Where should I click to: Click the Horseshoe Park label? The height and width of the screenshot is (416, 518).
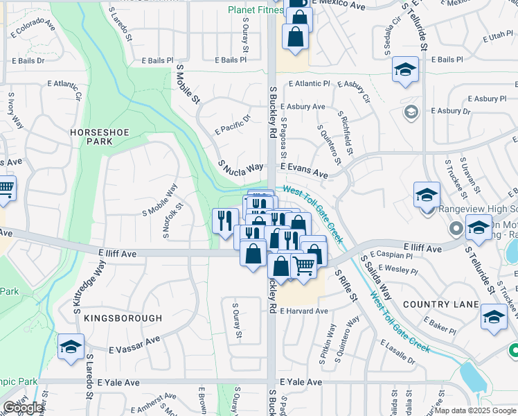pos(91,136)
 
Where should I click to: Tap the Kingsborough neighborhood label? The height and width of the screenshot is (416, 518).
pos(123,318)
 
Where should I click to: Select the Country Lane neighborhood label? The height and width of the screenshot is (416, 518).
pos(440,305)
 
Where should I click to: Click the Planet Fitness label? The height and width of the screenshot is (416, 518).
pos(254,10)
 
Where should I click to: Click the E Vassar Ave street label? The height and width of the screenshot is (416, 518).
pos(134,345)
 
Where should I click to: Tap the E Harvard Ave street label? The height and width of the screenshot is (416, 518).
pos(303,311)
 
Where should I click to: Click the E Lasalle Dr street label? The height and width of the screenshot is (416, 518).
pos(398,352)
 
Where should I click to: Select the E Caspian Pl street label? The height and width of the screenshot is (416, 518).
pos(393,255)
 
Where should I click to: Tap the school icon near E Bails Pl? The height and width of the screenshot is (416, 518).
pos(405,69)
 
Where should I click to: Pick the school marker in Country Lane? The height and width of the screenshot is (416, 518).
pos(493,318)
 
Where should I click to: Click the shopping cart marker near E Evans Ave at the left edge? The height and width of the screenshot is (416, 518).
pos(4,188)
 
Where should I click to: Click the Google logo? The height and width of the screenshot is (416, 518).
pos(23,408)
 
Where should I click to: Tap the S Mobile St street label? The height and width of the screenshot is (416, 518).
pos(188,85)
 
